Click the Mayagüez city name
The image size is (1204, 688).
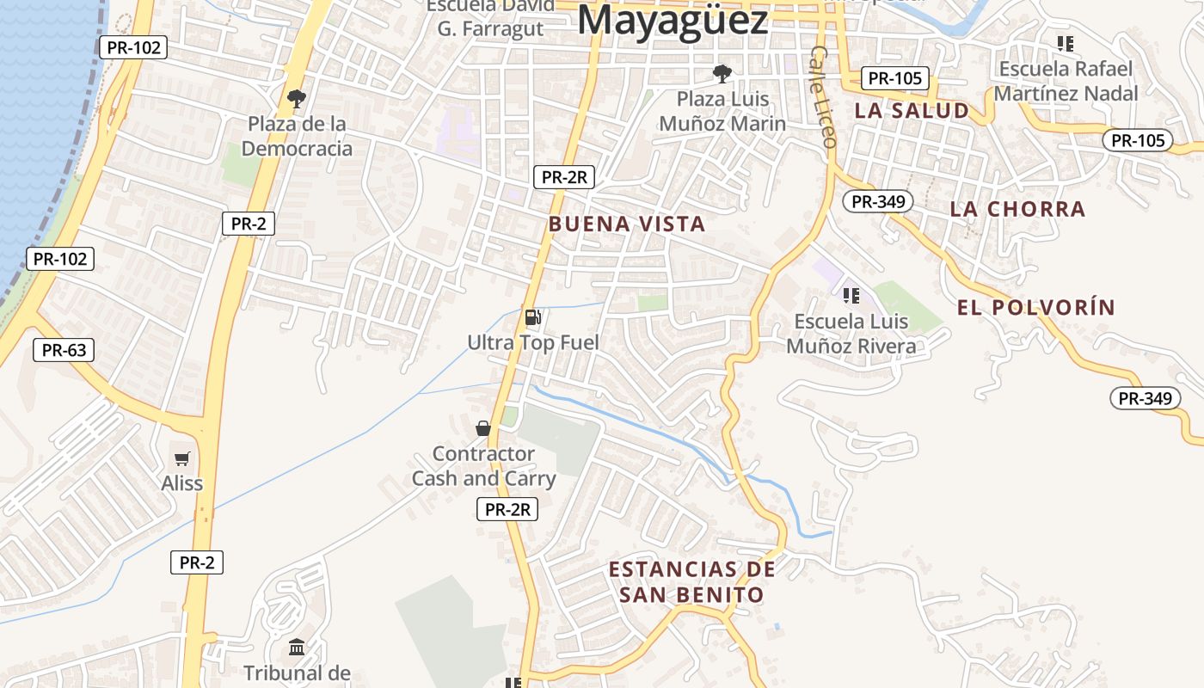(672, 21)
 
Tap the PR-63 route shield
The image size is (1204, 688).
(64, 350)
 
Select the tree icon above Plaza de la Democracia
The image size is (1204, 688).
(297, 98)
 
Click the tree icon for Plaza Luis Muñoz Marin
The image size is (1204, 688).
(722, 74)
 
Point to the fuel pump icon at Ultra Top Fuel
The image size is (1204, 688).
(533, 317)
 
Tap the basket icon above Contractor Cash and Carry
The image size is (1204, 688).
(483, 427)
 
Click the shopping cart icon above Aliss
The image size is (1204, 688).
(182, 458)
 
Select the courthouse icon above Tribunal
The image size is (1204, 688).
(297, 647)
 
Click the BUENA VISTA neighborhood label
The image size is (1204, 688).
(627, 224)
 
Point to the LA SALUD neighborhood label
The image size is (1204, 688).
(912, 111)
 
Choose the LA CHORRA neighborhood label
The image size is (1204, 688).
(1017, 209)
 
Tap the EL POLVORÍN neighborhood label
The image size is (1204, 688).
(1035, 307)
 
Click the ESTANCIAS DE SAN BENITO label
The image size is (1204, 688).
(691, 582)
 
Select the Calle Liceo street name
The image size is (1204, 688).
(822, 96)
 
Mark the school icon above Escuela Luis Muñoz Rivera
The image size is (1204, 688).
(851, 297)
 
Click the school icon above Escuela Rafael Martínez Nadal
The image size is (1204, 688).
(1066, 43)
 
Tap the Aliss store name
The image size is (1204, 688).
(182, 483)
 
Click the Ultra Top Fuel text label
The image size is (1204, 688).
(533, 342)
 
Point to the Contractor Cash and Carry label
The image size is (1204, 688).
(483, 466)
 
